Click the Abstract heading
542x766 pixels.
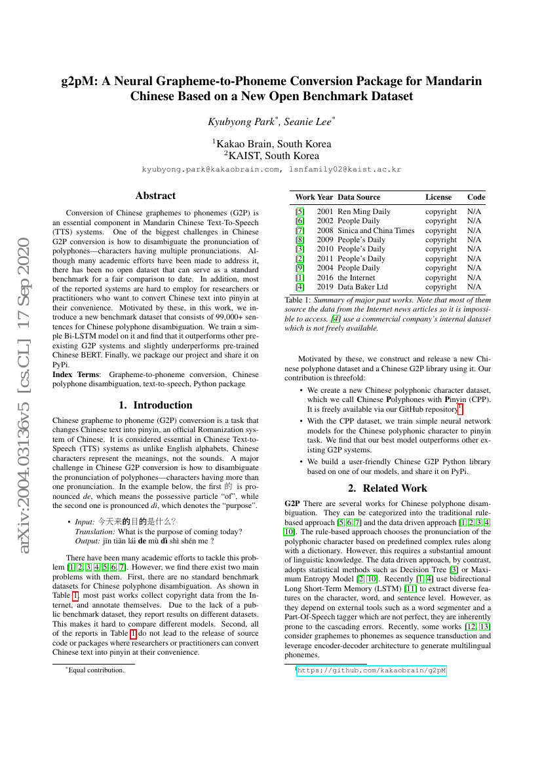[155, 195]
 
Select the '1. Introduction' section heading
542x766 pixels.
[155, 405]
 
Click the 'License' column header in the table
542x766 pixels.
[438, 197]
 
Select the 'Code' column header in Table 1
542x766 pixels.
[476, 197]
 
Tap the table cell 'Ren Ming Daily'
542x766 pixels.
[364, 211]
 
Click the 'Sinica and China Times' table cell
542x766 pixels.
[376, 230]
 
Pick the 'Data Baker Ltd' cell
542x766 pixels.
[362, 287]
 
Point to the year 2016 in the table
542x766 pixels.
[325, 278]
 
